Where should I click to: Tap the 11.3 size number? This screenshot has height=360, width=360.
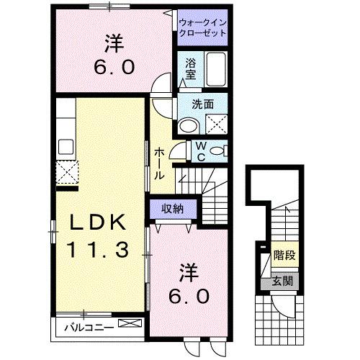pyautogui.click(x=99, y=250)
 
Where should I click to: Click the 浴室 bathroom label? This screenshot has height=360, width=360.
pyautogui.click(x=191, y=68)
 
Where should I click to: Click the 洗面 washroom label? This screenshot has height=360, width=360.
pyautogui.click(x=202, y=104)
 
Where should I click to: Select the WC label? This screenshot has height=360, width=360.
pyautogui.click(x=202, y=150)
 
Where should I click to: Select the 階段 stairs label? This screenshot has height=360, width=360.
pyautogui.click(x=284, y=256)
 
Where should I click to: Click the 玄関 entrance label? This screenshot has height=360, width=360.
pyautogui.click(x=284, y=280)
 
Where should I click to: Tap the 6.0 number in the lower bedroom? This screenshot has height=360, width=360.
pyautogui.click(x=191, y=294)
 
